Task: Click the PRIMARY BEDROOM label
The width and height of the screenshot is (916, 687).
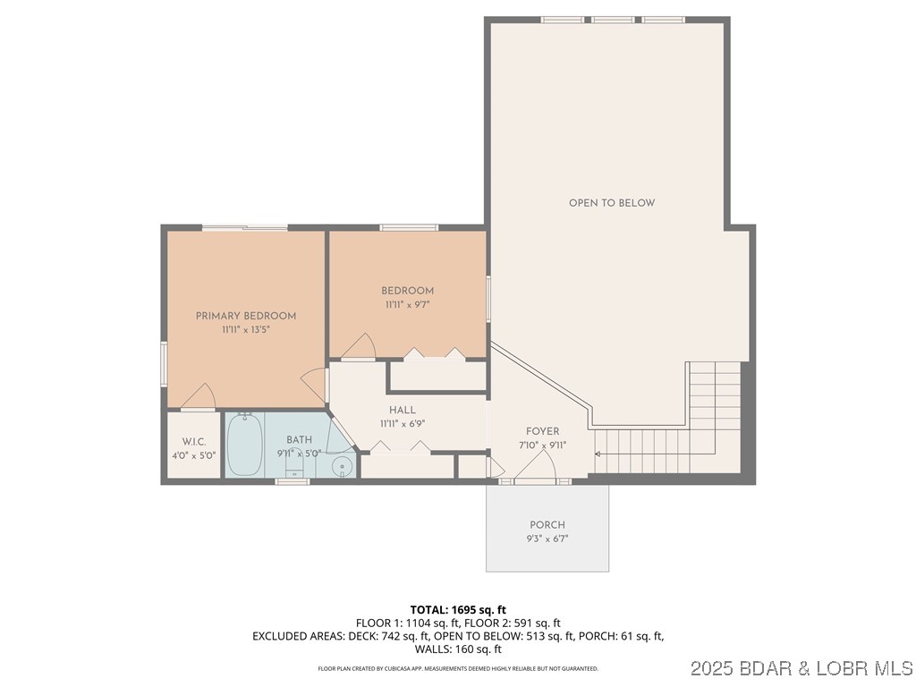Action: pyautogui.click(x=246, y=316)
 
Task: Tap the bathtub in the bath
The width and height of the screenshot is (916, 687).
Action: pyautogui.click(x=244, y=445)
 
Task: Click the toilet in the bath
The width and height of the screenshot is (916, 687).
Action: pyautogui.click(x=295, y=467)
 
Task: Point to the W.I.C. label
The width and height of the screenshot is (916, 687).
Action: pyautogui.click(x=194, y=441)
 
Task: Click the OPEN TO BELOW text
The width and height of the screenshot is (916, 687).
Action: pyautogui.click(x=612, y=203)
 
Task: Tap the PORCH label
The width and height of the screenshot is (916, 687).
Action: pyautogui.click(x=547, y=525)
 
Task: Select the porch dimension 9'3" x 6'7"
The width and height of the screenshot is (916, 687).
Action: pyautogui.click(x=547, y=539)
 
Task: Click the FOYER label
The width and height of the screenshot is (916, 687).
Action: pyautogui.click(x=542, y=431)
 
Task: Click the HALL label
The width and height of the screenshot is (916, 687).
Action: pyautogui.click(x=402, y=410)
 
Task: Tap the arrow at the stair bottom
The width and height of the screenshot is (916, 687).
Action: pyautogui.click(x=598, y=454)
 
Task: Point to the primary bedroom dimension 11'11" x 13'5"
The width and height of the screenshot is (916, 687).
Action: pyautogui.click(x=246, y=330)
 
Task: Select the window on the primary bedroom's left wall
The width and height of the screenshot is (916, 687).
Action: pyautogui.click(x=164, y=364)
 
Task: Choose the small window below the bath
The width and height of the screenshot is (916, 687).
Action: pyautogui.click(x=293, y=482)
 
